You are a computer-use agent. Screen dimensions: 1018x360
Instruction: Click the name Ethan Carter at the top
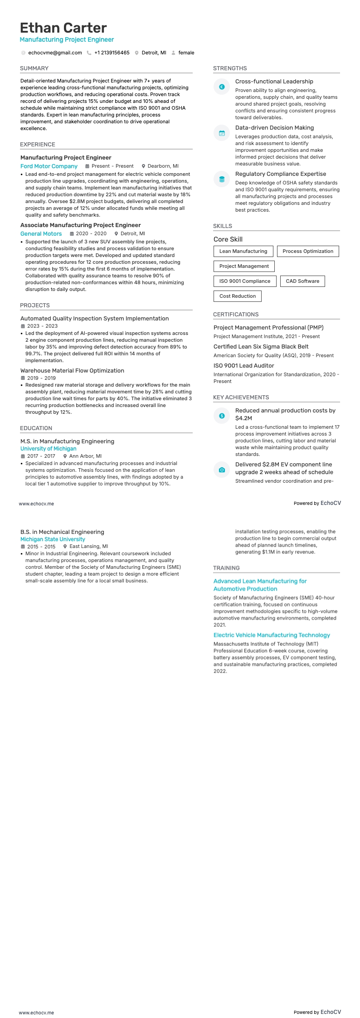pyautogui.click(x=63, y=28)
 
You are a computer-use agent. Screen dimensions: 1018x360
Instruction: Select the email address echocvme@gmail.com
pyautogui.click(x=55, y=53)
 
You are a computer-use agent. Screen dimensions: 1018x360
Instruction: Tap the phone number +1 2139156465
pyautogui.click(x=112, y=53)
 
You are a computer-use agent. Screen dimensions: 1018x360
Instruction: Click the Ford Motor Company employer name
pyautogui.click(x=49, y=166)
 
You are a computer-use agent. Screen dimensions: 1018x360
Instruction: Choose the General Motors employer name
pyautogui.click(x=41, y=234)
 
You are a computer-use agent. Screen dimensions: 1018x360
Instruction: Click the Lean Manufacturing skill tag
pyautogui.click(x=243, y=252)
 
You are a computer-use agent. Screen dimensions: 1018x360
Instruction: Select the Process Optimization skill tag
pyautogui.click(x=307, y=252)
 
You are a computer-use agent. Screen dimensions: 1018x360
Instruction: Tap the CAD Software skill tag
pyautogui.click(x=302, y=281)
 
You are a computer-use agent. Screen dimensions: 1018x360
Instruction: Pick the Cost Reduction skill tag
pyautogui.click(x=237, y=296)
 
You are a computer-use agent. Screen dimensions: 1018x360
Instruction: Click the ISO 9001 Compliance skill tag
pyautogui.click(x=244, y=281)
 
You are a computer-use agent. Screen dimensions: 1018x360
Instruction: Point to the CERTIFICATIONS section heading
pyautogui.click(x=236, y=315)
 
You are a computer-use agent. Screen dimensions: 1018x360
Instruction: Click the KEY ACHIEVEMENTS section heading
pyautogui.click(x=241, y=398)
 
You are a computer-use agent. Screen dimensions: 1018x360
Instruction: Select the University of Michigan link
pyautogui.click(x=48, y=449)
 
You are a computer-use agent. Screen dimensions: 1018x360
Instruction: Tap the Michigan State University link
pyautogui.click(x=53, y=539)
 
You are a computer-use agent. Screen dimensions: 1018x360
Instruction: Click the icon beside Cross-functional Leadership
pyautogui.click(x=222, y=87)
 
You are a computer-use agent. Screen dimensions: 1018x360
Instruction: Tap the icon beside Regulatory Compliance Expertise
pyautogui.click(x=222, y=179)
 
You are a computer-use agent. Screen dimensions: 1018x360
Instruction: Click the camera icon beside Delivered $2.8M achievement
pyautogui.click(x=222, y=470)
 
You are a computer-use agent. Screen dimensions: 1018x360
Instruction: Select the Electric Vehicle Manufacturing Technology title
pyautogui.click(x=272, y=635)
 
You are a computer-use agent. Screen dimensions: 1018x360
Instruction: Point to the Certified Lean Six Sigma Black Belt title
pyautogui.click(x=261, y=347)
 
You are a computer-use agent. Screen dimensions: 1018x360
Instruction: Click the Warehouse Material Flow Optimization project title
pyautogui.click(x=72, y=371)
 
